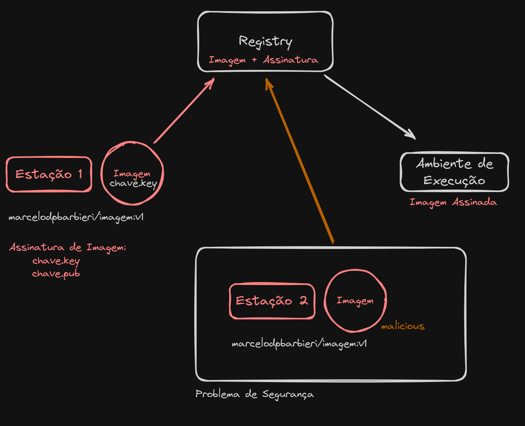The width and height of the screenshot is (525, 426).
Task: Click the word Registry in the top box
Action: [265, 41]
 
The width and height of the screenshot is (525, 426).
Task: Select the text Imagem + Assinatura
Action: [264, 60]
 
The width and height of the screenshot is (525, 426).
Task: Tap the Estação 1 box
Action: [49, 174]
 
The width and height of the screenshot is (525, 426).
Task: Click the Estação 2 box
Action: [272, 301]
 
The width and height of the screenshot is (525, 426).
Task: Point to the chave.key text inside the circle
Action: [133, 183]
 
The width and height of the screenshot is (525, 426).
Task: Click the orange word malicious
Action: [403, 326]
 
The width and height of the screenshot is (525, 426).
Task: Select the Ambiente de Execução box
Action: [454, 172]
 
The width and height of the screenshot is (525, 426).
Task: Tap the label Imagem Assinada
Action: [453, 202]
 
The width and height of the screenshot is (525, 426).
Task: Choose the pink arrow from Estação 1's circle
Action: [184, 110]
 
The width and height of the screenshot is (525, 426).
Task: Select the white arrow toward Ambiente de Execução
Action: [369, 107]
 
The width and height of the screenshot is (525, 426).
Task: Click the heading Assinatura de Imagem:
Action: [68, 248]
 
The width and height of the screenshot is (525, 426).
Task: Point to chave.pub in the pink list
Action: [56, 274]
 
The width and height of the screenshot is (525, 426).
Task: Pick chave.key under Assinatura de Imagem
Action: [56, 261]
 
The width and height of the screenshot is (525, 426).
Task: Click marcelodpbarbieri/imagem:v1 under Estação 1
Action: [76, 217]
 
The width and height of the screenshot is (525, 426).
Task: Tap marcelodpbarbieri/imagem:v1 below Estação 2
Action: [299, 344]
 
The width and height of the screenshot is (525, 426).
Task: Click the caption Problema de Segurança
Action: [254, 394]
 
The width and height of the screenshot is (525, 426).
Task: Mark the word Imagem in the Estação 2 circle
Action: [355, 301]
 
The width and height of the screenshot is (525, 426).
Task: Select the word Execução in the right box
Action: [454, 181]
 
